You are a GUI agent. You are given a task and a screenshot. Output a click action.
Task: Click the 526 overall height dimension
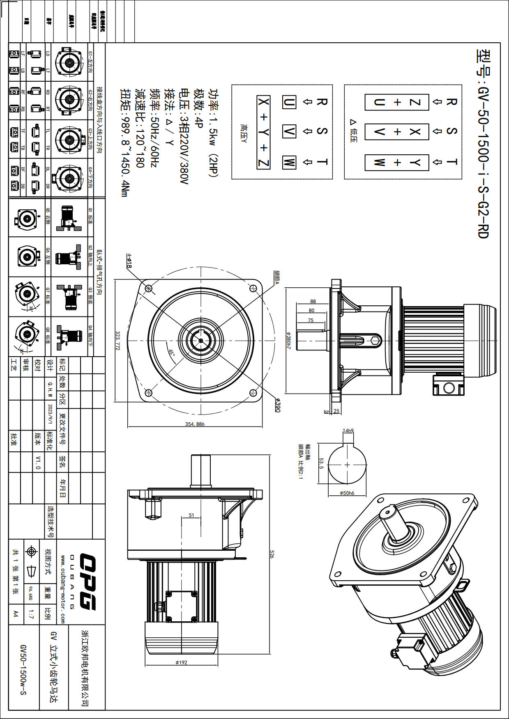(272, 554)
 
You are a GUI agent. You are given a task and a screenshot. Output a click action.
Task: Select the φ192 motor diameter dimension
(181, 662)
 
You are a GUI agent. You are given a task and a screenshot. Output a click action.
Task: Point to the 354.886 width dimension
(195, 424)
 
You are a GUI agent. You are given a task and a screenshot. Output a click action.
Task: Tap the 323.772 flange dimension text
(118, 341)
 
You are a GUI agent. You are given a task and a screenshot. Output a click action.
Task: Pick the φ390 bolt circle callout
(278, 405)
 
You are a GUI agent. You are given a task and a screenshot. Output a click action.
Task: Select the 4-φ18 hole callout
(129, 261)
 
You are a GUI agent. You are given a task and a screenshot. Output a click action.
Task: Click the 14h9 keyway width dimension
(348, 430)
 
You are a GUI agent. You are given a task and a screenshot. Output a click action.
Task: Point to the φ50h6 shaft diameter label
(347, 493)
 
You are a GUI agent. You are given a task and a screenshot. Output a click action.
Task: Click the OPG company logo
(87, 582)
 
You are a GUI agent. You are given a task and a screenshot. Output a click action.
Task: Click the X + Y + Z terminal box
(263, 132)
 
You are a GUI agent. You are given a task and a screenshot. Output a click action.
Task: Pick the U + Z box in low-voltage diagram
(397, 102)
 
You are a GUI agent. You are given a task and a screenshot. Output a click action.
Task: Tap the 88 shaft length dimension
(313, 302)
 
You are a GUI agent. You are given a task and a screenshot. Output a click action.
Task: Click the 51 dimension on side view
(191, 515)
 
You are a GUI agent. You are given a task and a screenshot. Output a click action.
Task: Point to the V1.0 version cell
(38, 462)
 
